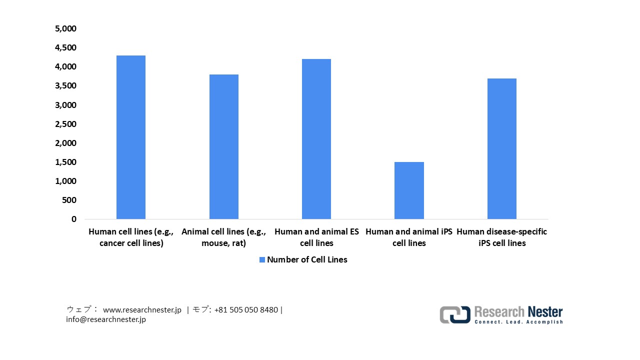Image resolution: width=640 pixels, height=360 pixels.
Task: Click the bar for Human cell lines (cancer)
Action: [x=131, y=137]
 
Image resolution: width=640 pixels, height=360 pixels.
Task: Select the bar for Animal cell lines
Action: [x=223, y=147]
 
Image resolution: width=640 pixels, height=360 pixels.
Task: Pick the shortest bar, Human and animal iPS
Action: [x=409, y=190]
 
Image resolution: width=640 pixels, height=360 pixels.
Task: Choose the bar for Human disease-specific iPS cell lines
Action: [x=501, y=149]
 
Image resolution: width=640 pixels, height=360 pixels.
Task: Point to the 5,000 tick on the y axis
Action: [x=65, y=29]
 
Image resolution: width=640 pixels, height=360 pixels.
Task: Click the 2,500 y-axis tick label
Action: [x=65, y=124]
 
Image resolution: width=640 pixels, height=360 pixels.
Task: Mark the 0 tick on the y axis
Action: [x=74, y=219]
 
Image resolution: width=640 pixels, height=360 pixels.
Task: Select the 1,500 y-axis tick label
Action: [x=65, y=162]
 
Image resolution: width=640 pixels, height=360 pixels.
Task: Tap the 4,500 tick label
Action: [x=65, y=48]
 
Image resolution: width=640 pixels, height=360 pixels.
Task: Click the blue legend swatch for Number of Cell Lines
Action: [x=262, y=259]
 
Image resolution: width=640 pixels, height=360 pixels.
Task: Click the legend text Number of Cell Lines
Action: [x=307, y=259]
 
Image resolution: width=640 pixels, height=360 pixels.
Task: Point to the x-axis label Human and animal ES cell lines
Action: [x=316, y=237]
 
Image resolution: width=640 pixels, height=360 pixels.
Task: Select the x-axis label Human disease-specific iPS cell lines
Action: [x=501, y=237]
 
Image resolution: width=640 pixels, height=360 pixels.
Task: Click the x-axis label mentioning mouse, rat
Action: [x=223, y=237]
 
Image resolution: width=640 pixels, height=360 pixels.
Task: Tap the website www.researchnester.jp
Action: [x=142, y=310]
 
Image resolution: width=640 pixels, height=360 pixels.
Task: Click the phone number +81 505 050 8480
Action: [x=246, y=310]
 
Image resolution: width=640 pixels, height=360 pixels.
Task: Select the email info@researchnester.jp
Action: [x=106, y=319]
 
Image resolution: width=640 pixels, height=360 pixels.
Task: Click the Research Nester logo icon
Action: [x=455, y=314]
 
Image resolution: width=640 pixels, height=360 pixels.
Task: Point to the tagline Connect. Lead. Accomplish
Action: [x=518, y=322]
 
